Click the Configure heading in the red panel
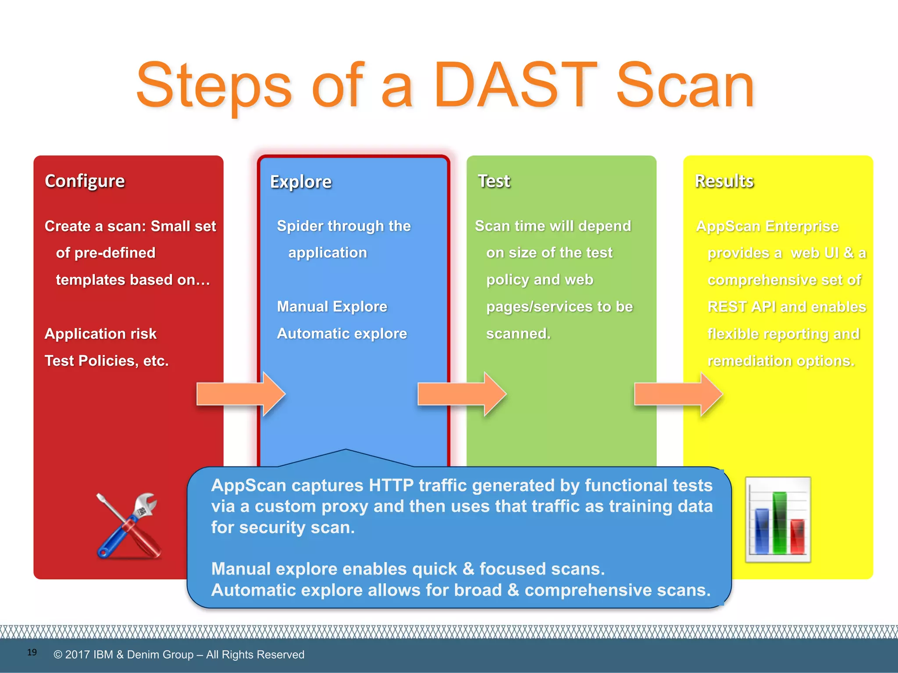pos(85,181)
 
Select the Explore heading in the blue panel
pos(301,182)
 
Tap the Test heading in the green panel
pos(494,181)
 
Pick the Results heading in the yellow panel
pos(724,181)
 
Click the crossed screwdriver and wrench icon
pos(128,526)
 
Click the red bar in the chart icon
pos(797,536)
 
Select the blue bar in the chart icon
pos(762,531)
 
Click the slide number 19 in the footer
pos(32,652)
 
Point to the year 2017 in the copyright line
pos(78,655)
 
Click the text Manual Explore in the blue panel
pos(332,306)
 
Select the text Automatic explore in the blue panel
pos(342,333)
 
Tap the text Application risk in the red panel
pos(100,333)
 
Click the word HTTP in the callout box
pos(391,485)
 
